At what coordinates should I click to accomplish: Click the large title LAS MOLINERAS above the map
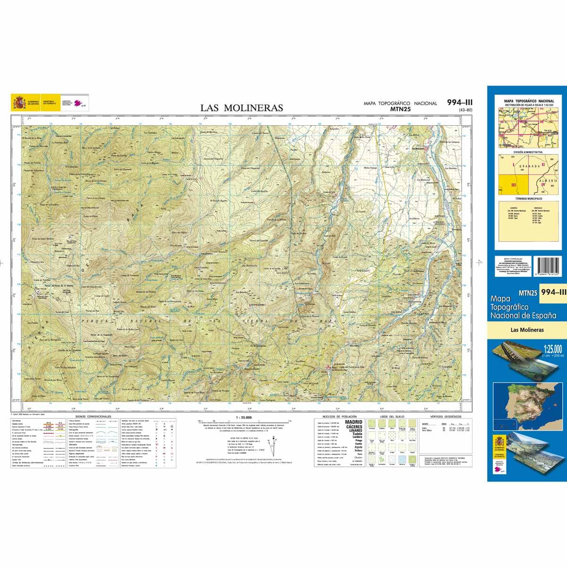pyautogui.click(x=241, y=108)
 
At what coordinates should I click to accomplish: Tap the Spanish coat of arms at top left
pyautogui.click(x=19, y=102)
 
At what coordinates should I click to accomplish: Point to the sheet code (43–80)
pyautogui.click(x=465, y=111)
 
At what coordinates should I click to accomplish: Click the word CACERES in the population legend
pyautogui.click(x=354, y=427)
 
